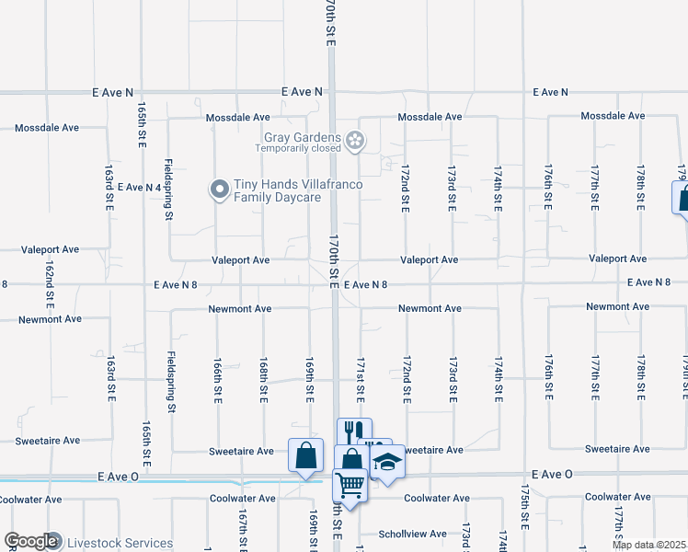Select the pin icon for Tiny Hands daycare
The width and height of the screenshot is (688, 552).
pyautogui.click(x=220, y=190)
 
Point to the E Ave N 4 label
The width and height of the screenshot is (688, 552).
pyautogui.click(x=139, y=187)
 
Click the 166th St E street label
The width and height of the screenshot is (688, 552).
pyautogui.click(x=218, y=380)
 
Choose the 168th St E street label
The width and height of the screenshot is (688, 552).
pyautogui.click(x=264, y=380)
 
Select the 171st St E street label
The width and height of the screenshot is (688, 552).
pyautogui.click(x=361, y=380)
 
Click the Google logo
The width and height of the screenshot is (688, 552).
pyautogui.click(x=30, y=542)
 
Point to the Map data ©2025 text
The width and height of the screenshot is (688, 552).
pyautogui.click(x=649, y=545)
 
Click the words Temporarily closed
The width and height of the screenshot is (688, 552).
pyautogui.click(x=298, y=148)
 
